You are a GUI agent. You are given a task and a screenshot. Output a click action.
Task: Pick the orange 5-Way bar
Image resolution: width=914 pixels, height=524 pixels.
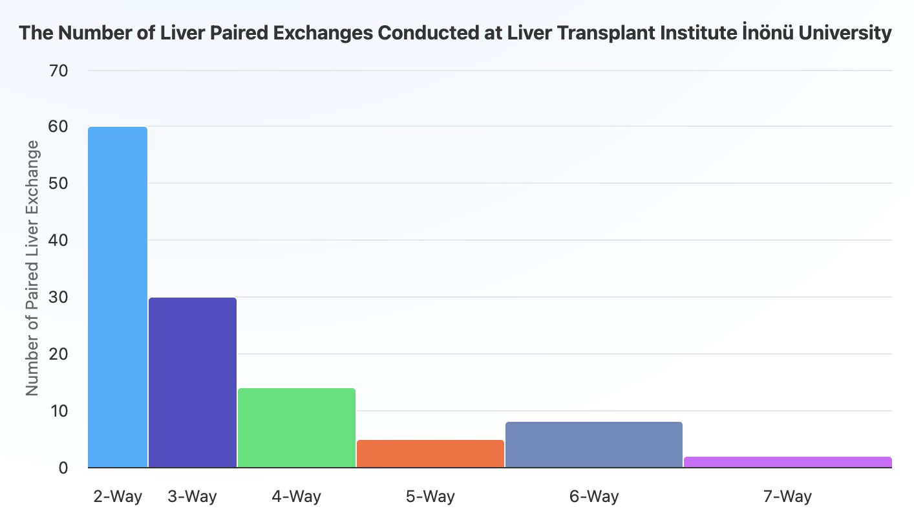pos(430,453)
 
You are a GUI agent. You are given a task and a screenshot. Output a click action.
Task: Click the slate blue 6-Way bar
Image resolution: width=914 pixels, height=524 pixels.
pos(593,444)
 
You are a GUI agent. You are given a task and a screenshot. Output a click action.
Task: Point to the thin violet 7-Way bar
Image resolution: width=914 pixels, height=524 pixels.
pos(787,462)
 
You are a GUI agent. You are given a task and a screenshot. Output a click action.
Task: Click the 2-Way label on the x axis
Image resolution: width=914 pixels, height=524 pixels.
pos(118,497)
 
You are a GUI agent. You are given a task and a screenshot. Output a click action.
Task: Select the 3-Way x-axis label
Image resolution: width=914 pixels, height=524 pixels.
pos(193,497)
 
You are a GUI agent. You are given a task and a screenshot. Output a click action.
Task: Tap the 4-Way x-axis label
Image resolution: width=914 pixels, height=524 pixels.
pos(297,497)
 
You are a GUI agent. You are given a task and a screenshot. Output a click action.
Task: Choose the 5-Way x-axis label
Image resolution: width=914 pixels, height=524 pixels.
pos(430,497)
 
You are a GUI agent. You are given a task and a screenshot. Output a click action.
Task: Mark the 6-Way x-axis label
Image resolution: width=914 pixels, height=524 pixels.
pos(593,497)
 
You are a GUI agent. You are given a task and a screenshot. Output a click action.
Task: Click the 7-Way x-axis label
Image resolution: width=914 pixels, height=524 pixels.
pos(787,497)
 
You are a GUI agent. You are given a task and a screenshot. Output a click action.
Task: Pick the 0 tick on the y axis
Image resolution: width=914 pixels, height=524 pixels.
pos(63,468)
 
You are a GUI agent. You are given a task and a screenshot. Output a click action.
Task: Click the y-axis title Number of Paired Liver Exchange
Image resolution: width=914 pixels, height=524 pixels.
pos(32,268)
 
